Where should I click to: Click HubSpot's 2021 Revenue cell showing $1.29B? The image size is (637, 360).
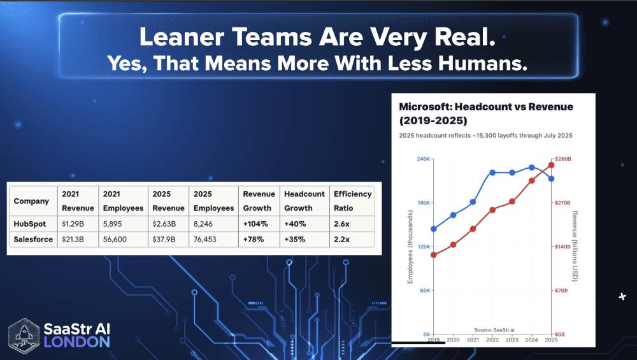click(75, 224)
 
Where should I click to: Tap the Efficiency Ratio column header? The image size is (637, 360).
click(352, 201)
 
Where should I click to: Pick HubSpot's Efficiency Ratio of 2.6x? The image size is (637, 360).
click(342, 224)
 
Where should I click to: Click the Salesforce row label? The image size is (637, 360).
click(34, 240)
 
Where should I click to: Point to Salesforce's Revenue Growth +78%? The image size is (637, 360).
click(255, 240)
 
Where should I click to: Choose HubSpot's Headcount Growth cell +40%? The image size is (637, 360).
click(296, 224)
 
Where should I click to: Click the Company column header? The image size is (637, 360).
click(32, 201)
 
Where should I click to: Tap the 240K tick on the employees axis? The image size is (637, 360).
click(420, 159)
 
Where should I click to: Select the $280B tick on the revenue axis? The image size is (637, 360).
click(565, 159)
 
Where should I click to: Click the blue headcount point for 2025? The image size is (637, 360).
click(551, 179)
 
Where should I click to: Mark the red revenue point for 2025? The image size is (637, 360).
click(551, 165)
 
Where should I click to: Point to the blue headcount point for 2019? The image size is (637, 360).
click(434, 229)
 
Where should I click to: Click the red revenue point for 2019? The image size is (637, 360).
click(434, 255)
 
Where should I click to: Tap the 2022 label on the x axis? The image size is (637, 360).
click(492, 341)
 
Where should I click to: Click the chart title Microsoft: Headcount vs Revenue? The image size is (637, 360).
click(486, 106)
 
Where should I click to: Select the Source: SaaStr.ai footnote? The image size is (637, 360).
click(494, 329)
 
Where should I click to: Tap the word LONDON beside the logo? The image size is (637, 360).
click(76, 342)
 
